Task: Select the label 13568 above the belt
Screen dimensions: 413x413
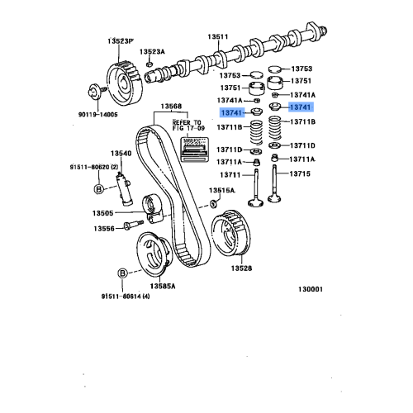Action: pyautogui.click(x=172, y=106)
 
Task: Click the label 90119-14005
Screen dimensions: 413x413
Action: pyautogui.click(x=99, y=115)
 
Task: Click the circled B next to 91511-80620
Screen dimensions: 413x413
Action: pyautogui.click(x=97, y=188)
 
